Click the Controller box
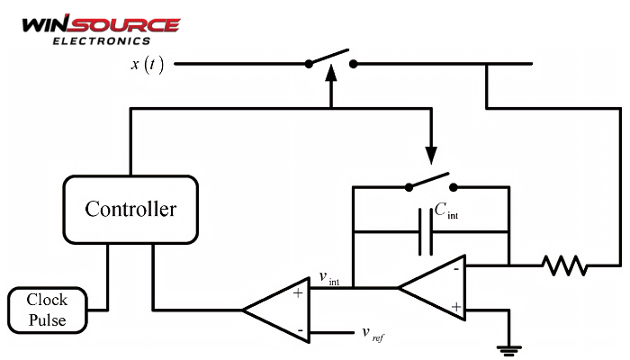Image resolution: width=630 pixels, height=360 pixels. (x=130, y=210)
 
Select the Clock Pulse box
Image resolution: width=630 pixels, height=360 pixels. (x=47, y=310)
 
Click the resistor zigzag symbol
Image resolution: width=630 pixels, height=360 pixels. (x=563, y=265)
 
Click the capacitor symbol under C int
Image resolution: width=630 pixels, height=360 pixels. (x=427, y=231)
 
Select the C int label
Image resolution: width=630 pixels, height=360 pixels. (x=450, y=211)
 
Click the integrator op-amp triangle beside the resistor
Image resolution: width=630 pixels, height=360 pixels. (x=436, y=288)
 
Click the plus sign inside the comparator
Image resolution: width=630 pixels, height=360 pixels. (x=297, y=292)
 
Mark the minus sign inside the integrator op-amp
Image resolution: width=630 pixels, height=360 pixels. (x=456, y=268)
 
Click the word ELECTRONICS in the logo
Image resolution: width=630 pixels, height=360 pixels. (x=101, y=40)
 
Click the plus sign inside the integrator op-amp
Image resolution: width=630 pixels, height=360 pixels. (x=456, y=308)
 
